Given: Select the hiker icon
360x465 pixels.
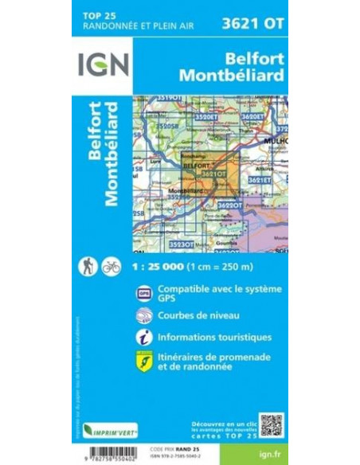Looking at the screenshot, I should [87, 268].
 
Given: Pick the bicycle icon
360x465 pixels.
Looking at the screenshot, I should [111, 268].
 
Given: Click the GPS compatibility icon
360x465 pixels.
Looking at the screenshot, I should [144, 292].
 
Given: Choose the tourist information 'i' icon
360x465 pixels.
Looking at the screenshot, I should [144, 337].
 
